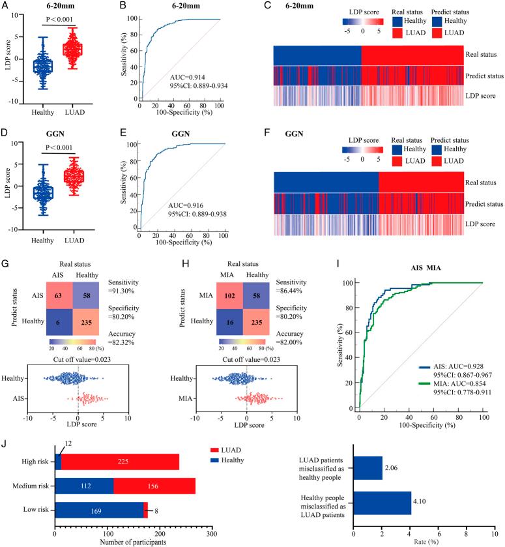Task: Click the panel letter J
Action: click(5, 443)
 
